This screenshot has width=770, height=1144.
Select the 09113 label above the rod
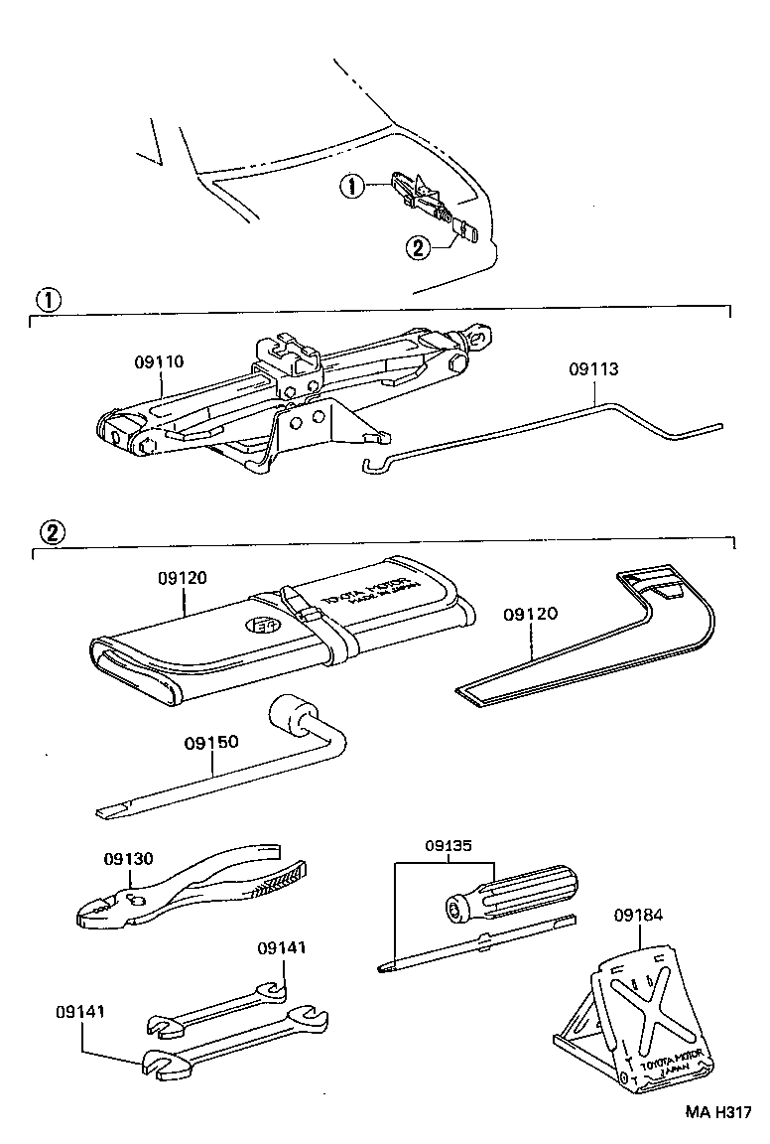click(x=593, y=369)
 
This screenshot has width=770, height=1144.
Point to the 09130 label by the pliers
click(x=129, y=858)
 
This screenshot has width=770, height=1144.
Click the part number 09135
click(x=449, y=846)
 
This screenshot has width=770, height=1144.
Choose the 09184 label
click(x=638, y=915)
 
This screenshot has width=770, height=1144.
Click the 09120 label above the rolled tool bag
click(x=182, y=577)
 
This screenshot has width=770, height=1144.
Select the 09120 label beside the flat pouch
click(x=530, y=614)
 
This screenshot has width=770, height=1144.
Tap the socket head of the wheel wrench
click(x=288, y=712)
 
